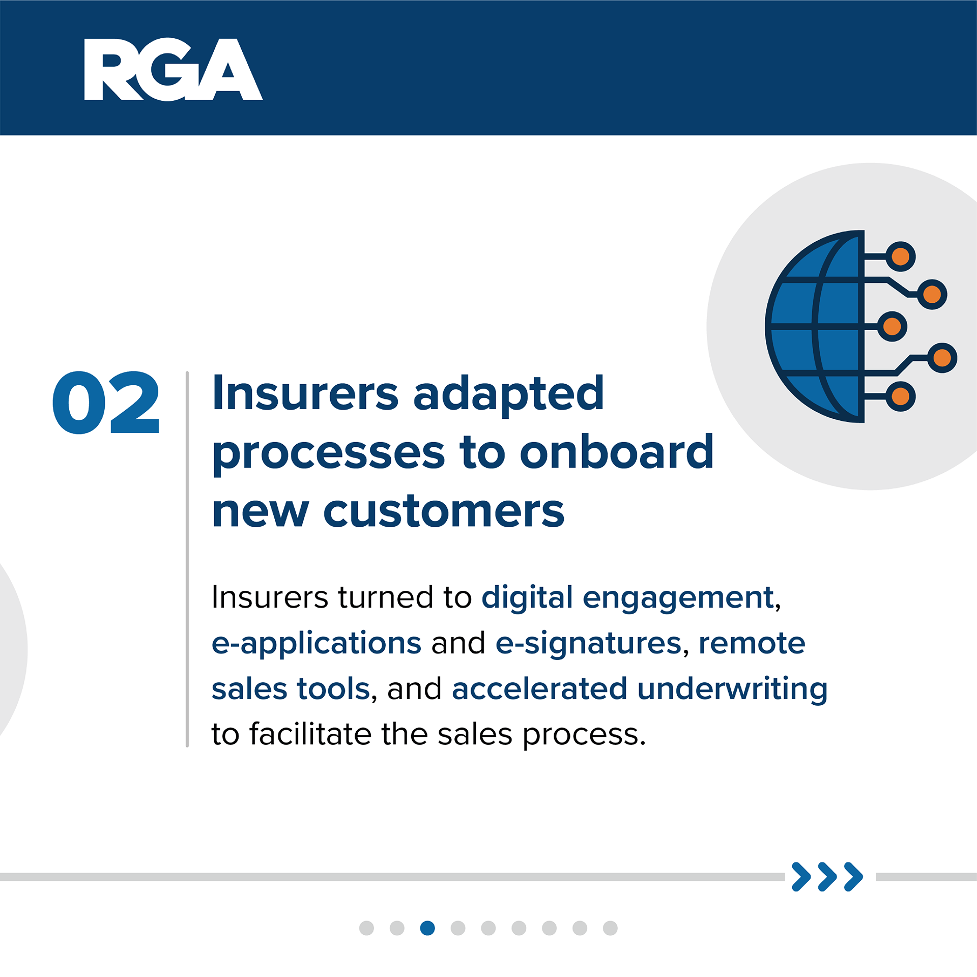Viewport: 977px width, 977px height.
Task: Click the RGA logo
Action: click(173, 70)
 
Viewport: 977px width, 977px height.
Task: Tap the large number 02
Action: click(106, 403)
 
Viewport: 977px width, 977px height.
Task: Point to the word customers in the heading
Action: click(444, 511)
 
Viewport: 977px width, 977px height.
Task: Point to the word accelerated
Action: click(539, 689)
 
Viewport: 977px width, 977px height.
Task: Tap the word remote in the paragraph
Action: click(752, 644)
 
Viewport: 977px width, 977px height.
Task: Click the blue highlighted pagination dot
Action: click(427, 928)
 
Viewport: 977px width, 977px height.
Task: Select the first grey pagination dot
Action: click(366, 928)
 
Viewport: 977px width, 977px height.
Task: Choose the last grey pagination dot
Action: click(610, 928)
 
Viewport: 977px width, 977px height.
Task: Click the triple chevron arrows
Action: click(827, 877)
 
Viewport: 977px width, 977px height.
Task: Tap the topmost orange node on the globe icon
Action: click(900, 256)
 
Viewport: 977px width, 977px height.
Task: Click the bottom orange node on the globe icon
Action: click(900, 396)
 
